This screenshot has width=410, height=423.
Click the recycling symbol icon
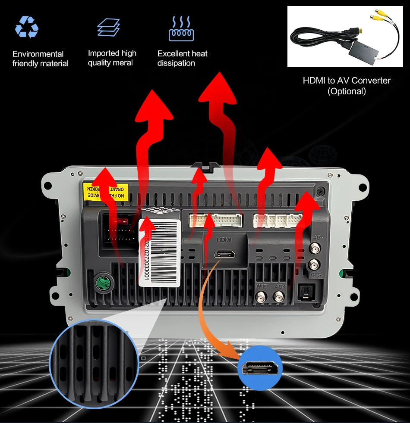[27, 27]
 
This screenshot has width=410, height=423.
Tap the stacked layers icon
[108, 27]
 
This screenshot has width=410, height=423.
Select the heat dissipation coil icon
[181, 29]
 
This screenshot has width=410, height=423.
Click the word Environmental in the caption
[38, 54]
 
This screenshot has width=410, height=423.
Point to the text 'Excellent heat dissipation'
[182, 59]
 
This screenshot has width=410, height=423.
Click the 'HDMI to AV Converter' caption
[347, 81]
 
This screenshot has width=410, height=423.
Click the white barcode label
[159, 252]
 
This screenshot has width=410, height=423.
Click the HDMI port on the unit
[224, 254]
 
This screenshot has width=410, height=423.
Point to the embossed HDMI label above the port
[224, 239]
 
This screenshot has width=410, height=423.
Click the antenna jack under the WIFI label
[261, 296]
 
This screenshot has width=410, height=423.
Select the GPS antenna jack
[315, 264]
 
